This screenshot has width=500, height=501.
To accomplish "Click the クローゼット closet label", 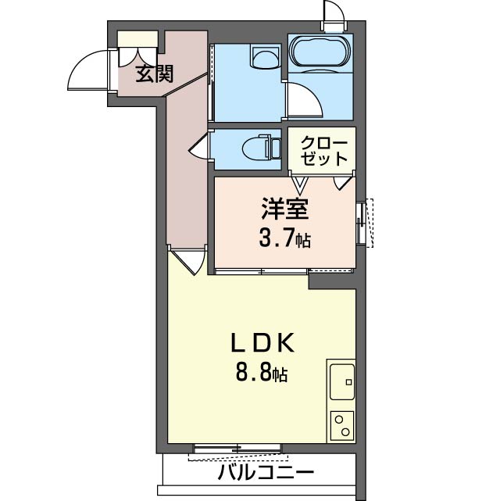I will coord(323,150).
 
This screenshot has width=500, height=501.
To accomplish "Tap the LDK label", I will coord(261,343).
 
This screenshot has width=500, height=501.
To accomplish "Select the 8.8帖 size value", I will coord(261,373).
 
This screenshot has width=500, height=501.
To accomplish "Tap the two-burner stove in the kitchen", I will coord(341,427).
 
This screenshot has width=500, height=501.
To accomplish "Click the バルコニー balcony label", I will coord(266,474).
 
